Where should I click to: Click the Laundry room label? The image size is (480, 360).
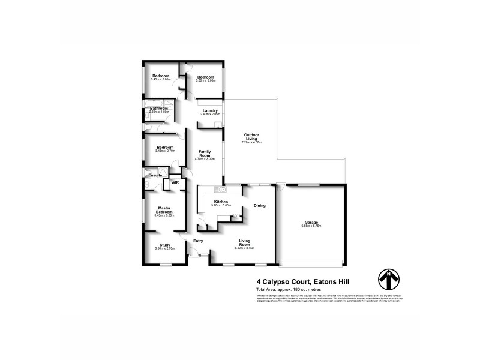210,110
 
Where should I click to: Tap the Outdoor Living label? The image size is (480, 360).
251,136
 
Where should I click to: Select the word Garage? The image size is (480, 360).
310,222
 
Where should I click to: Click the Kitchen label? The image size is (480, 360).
221,202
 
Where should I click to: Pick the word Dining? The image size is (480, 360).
259,205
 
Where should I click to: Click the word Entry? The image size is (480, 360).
198,241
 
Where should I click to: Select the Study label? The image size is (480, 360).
164,245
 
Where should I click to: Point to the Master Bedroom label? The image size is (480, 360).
164,210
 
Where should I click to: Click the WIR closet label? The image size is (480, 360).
175,182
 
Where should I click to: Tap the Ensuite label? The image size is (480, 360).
155,175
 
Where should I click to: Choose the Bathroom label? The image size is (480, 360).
159,109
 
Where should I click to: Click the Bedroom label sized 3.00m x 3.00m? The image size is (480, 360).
206,77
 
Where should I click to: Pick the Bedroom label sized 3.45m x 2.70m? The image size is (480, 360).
164,148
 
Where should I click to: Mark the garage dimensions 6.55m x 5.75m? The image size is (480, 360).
310,226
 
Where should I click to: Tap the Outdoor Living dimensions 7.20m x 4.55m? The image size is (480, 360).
251,142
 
